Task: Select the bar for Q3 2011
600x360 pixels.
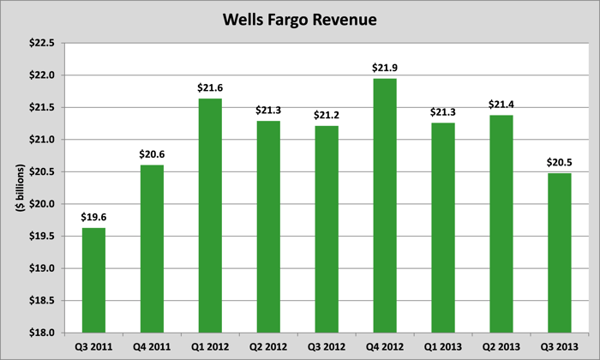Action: point(93,279)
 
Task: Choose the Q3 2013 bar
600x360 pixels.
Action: point(560,253)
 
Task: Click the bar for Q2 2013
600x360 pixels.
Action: point(501,224)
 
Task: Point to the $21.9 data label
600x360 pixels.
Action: point(385,67)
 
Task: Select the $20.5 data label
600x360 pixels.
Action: point(560,162)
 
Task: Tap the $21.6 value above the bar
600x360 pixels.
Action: point(210,87)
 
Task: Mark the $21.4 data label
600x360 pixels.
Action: point(501,104)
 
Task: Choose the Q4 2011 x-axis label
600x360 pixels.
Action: point(152,347)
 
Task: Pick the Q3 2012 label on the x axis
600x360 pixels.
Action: point(327,347)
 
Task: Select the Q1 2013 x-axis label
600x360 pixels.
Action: point(443,347)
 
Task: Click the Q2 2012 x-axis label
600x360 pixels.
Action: point(268,347)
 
